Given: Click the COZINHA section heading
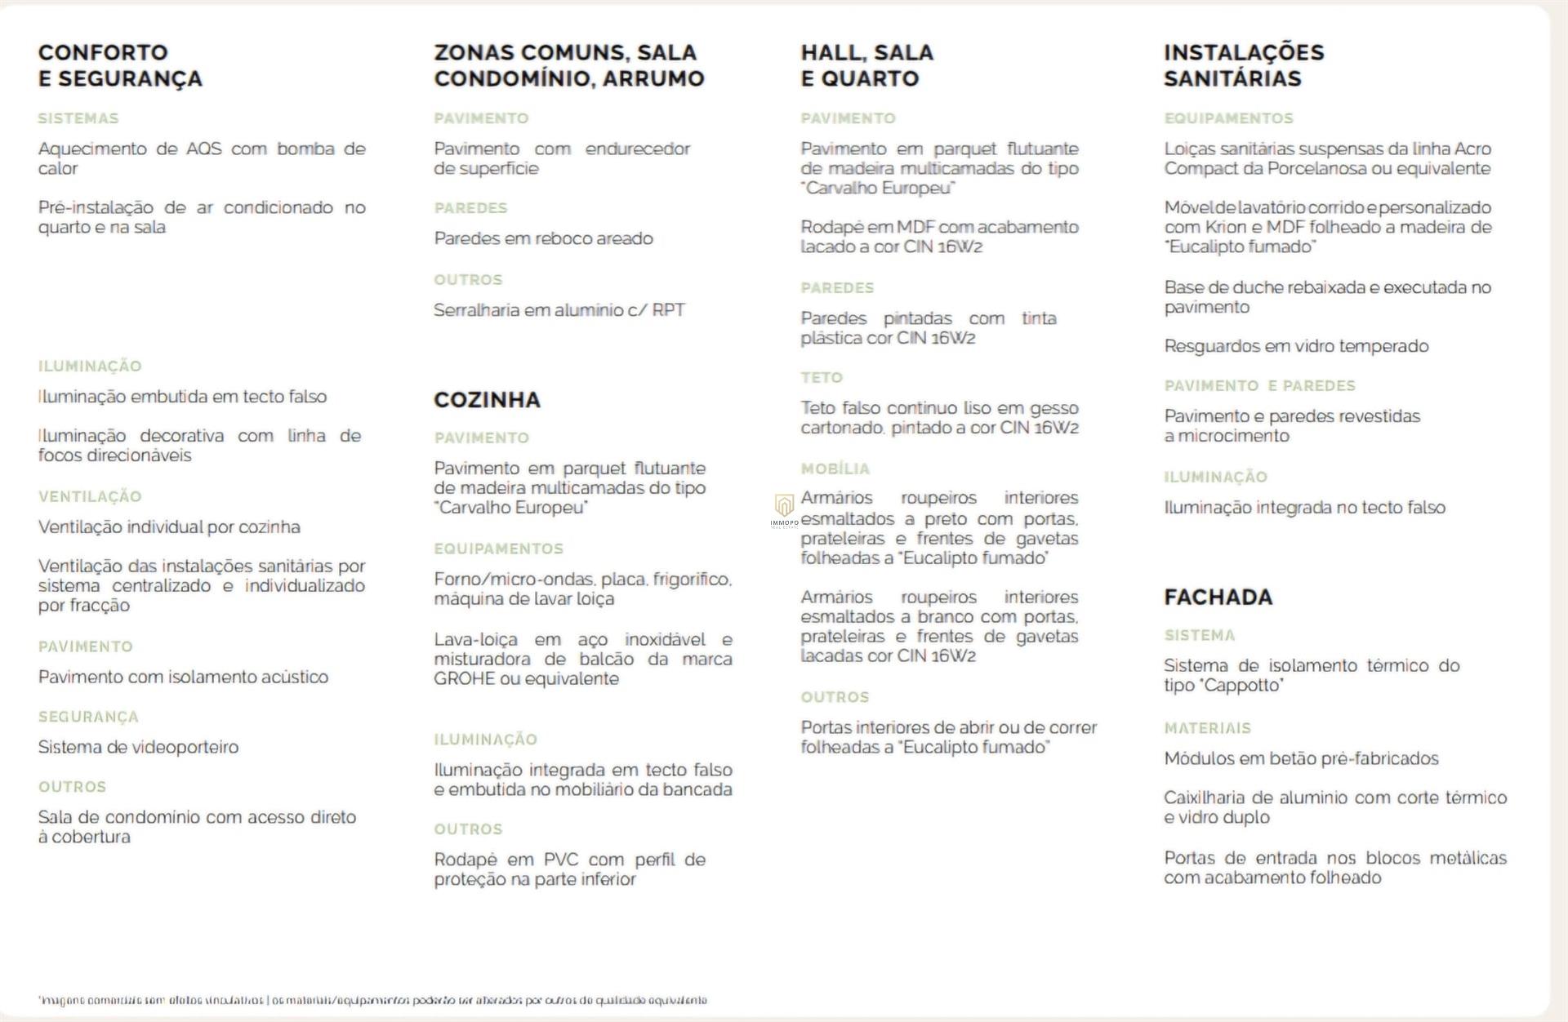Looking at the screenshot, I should [487, 400].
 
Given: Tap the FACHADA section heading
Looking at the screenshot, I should [1218, 598].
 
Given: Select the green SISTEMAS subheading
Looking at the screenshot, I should [78, 119].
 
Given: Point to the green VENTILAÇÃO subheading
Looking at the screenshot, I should [90, 497].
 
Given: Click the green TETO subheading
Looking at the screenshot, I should [821, 378].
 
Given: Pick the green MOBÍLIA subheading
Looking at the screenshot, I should [835, 469].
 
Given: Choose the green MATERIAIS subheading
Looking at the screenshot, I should [1207, 728].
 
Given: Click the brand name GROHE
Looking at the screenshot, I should [463, 679].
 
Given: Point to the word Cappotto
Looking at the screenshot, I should [1241, 686].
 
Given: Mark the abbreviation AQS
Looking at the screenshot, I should [203, 149].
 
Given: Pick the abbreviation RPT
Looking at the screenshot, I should [668, 311].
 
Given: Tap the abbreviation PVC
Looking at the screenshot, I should [560, 860].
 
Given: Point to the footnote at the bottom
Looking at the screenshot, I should [372, 1000].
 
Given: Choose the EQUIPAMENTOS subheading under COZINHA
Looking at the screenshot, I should [498, 549].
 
